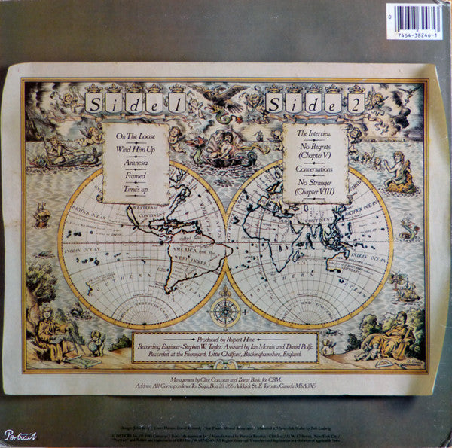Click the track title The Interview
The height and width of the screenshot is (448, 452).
pyautogui.click(x=315, y=133)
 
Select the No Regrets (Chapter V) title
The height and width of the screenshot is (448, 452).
pyautogui.click(x=315, y=151)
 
